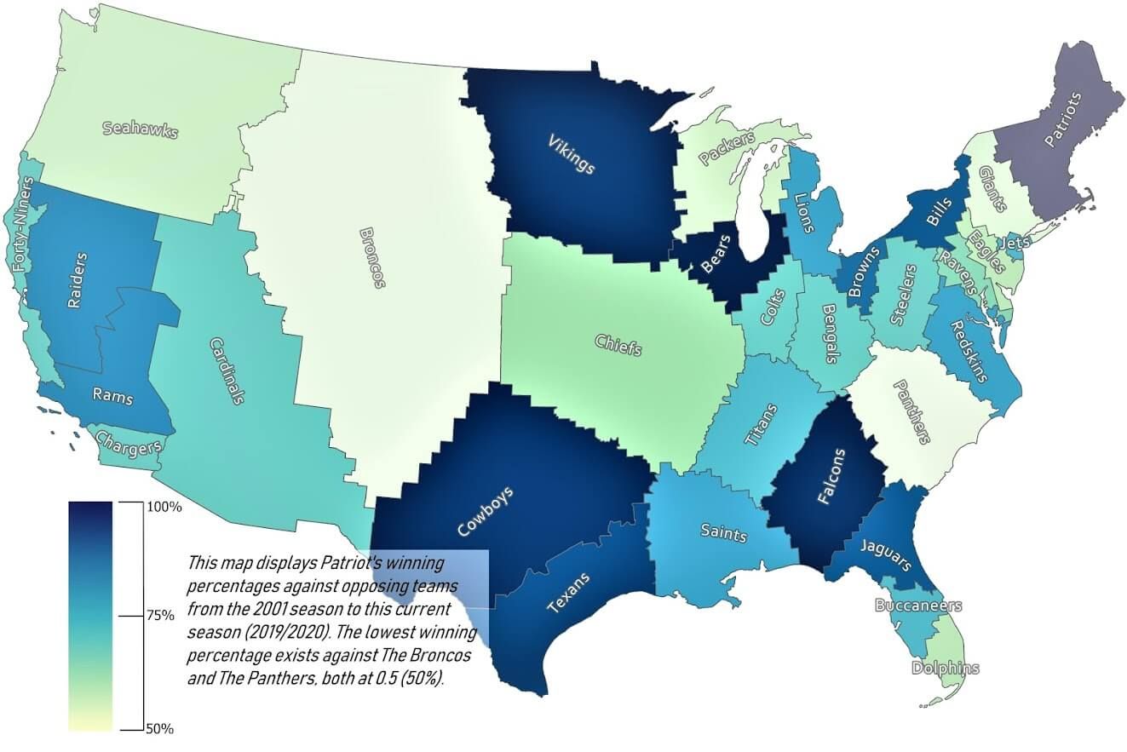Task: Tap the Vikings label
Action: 571,152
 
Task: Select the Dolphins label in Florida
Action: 945,668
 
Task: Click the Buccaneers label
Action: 917,606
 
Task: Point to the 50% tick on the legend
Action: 158,730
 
